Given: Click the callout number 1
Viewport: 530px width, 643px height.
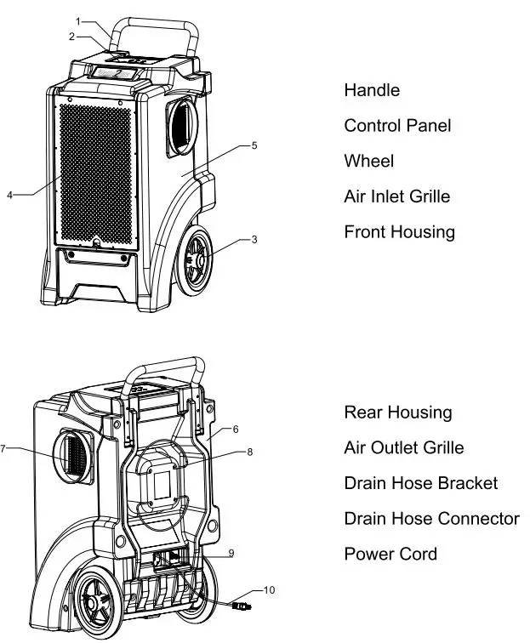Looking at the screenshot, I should click(x=78, y=20).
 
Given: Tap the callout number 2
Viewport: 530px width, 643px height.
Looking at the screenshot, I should click(x=72, y=37).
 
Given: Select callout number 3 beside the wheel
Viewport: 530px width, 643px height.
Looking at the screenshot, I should click(x=254, y=240).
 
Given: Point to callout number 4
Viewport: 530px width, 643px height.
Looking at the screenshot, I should click(x=9, y=195).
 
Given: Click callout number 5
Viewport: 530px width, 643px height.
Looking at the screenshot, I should click(x=254, y=145).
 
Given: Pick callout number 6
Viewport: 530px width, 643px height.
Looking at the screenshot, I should click(x=236, y=429).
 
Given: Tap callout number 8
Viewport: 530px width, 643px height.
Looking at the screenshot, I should click(x=249, y=452).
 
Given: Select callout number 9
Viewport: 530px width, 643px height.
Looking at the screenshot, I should click(x=231, y=553).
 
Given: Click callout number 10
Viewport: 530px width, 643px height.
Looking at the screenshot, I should click(x=269, y=589).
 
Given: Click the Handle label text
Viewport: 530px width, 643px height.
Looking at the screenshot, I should click(x=372, y=90).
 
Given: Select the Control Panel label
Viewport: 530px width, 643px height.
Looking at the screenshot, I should click(x=397, y=126).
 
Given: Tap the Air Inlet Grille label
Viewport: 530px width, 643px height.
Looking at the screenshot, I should click(x=396, y=196).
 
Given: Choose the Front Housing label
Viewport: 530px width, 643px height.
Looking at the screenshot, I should click(x=399, y=232).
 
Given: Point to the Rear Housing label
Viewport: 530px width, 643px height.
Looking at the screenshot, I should click(x=397, y=413).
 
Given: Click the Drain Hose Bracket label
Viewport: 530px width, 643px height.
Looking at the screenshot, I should click(x=420, y=483).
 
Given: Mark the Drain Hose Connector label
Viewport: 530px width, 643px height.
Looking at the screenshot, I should click(x=431, y=519).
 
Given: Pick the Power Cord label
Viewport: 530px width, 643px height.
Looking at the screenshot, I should click(x=390, y=555).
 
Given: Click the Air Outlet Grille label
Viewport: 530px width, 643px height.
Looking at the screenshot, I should click(x=403, y=448).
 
